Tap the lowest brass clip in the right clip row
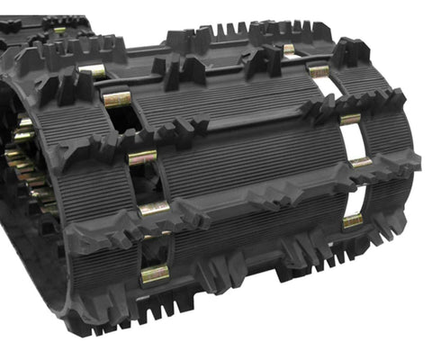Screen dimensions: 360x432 pyautogui.click(x=353, y=220)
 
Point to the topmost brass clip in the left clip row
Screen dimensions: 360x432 pyautogui.click(x=92, y=70)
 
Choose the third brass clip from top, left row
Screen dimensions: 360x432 pyautogui.click(x=142, y=157)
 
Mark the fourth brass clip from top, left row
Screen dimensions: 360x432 pyautogui.click(x=153, y=209)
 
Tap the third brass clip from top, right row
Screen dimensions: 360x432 pyautogui.click(x=350, y=118)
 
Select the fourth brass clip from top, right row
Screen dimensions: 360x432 pyautogui.click(x=360, y=163)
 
